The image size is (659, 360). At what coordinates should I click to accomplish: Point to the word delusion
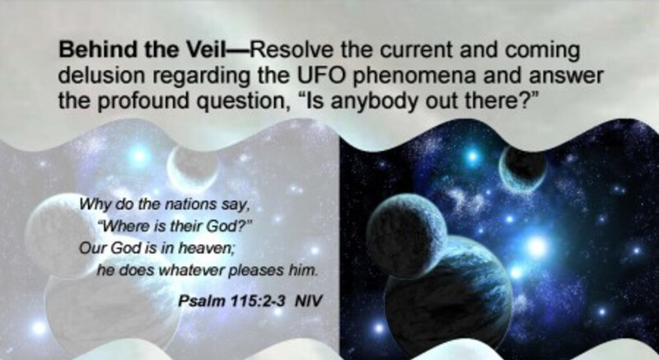102,76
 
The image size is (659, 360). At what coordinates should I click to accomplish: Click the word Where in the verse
125,227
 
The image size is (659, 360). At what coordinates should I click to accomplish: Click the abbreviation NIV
309,301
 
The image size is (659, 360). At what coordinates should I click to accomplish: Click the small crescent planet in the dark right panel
522,169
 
